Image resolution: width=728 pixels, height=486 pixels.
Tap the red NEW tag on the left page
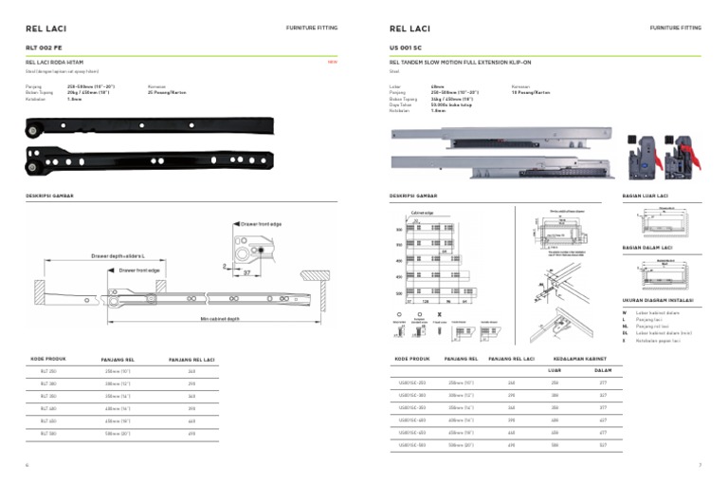click(332, 62)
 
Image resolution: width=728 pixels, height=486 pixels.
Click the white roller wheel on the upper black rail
click(35, 128)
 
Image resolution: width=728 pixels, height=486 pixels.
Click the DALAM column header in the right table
click(601, 371)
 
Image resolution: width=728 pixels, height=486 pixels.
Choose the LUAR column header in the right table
click(556, 371)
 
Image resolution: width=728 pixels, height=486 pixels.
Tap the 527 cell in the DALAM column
click(601, 444)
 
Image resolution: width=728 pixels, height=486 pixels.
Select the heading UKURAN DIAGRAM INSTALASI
click(658, 300)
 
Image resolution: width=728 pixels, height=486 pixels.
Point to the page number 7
click(699, 465)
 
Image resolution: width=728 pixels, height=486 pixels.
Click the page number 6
click(27, 465)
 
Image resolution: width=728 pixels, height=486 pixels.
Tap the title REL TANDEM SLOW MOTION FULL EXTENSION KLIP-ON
click(454, 62)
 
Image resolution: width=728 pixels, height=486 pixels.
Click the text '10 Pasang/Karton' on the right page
click(531, 93)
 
